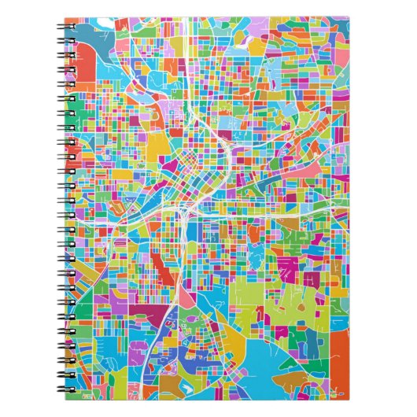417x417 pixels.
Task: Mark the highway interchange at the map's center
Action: click(x=186, y=212)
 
